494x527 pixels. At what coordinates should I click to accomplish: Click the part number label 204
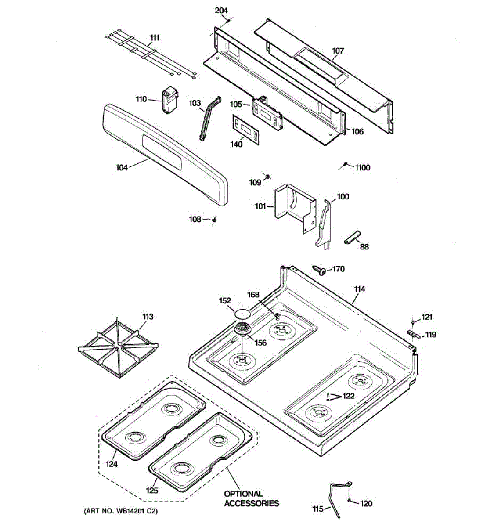coord(221,11)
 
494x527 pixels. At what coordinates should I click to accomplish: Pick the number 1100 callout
coord(362,167)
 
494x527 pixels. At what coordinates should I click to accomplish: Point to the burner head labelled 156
coord(241,329)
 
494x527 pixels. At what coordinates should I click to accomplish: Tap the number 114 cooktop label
coord(359,289)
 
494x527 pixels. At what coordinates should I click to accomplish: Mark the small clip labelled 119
coord(413,334)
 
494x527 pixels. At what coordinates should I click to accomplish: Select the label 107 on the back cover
coord(337,51)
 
